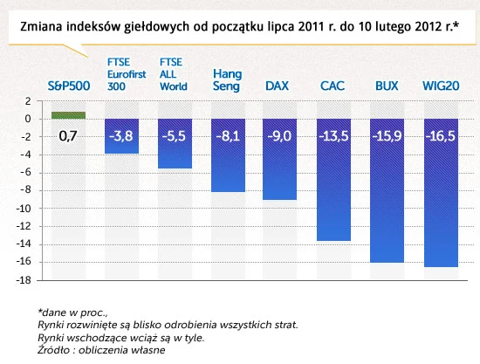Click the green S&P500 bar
point(68,115)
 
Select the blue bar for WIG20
point(441,193)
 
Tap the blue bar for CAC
point(333,180)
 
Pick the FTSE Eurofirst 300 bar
point(121,136)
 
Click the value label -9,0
point(279,136)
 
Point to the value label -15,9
point(387,136)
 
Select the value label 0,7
point(68,136)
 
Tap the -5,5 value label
point(174,136)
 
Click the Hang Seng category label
point(228,80)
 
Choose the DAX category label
point(277,86)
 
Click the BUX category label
point(387,86)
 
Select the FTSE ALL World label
point(174,74)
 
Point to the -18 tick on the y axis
point(25,280)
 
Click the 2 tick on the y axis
point(29,101)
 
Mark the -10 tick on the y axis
point(25,209)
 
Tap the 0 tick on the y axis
point(28,119)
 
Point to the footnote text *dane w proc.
point(72,312)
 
